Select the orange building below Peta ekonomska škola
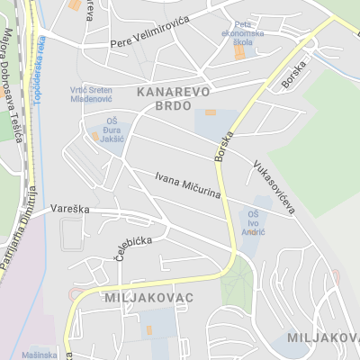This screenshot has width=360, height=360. [239, 53]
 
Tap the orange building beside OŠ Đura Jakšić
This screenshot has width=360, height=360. [94, 137]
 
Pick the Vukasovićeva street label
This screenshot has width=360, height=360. [274, 186]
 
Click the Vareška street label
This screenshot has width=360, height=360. [67, 207]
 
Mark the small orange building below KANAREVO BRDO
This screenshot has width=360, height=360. [210, 112]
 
